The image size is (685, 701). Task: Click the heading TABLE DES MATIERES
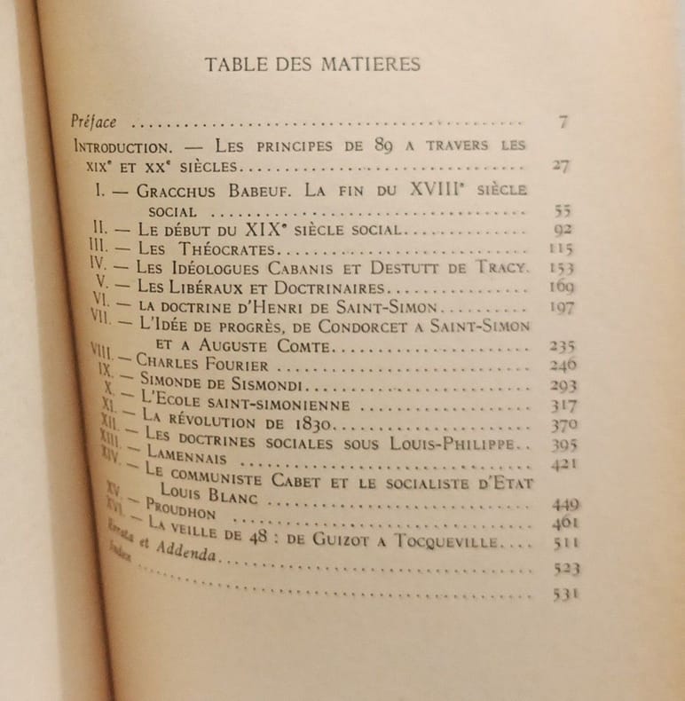312,64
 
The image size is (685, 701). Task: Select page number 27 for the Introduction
559,165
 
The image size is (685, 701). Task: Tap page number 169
561,287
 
